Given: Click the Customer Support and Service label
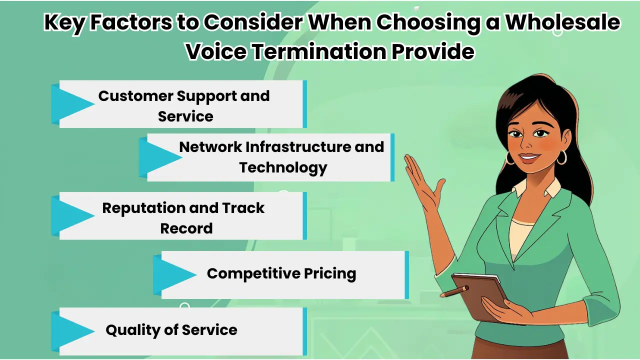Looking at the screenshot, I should coord(184,105).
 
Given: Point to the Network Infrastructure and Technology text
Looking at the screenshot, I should coord(282,157).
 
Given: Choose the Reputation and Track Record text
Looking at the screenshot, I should coord(184,217).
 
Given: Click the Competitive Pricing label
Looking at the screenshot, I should coord(281,273).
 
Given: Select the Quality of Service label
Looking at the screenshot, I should coord(171,330).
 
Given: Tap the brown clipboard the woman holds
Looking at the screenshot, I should coord(482,295).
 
